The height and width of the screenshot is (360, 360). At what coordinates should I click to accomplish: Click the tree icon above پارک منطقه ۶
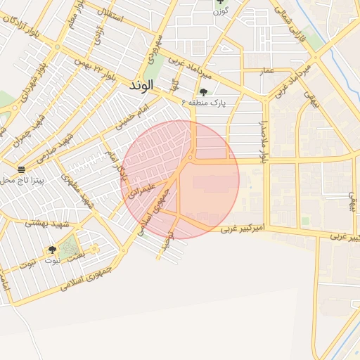point(204,91)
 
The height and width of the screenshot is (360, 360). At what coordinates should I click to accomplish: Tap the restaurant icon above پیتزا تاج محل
point(21,169)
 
